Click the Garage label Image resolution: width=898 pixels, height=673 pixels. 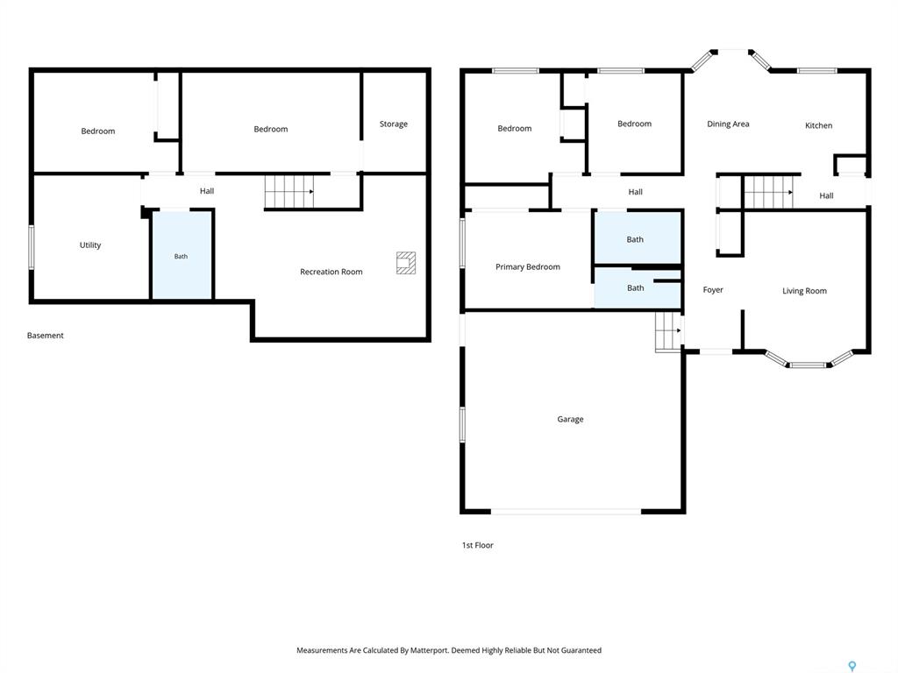(x=570, y=419)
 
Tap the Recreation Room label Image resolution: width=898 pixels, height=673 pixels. (x=331, y=272)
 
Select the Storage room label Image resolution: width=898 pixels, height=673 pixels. (x=394, y=124)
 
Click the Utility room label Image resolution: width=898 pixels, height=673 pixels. (x=90, y=245)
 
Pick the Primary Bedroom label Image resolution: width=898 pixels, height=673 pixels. (x=527, y=266)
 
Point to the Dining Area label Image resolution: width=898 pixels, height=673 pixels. (x=728, y=124)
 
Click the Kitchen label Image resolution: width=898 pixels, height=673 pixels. (x=818, y=125)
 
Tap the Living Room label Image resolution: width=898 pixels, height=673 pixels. (x=804, y=291)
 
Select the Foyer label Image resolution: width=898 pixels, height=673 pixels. (x=713, y=290)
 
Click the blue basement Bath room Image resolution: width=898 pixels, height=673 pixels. (x=182, y=255)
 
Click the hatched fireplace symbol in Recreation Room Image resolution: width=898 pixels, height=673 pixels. (x=406, y=263)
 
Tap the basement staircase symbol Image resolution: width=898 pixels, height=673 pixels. (x=289, y=191)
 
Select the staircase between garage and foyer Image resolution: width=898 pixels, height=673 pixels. (x=668, y=331)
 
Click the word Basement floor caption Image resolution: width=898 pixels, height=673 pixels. (x=46, y=336)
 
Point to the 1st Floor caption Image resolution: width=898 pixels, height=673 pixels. (x=478, y=545)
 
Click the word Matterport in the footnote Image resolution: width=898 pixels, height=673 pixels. (x=429, y=650)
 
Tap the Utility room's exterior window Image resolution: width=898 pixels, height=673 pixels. (x=32, y=247)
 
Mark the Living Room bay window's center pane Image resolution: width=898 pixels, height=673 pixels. (x=808, y=365)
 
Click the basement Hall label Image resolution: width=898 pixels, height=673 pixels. (x=207, y=191)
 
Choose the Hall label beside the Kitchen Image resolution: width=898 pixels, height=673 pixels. (x=826, y=195)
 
